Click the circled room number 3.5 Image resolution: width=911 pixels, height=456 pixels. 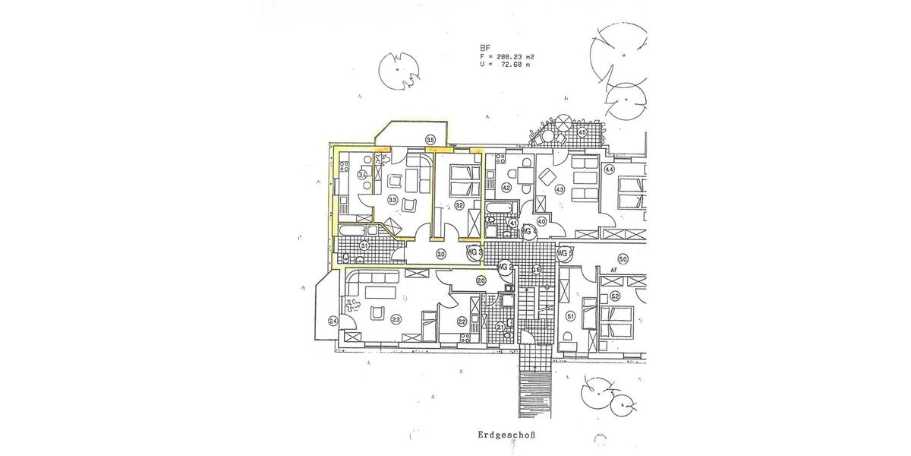430,140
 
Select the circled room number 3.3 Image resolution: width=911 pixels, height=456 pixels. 392,200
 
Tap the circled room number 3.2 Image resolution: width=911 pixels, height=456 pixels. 459,204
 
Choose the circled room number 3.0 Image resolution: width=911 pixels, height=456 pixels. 440,254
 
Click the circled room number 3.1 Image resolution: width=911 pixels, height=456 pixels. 364,245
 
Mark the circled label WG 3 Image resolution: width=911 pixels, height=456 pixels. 474,252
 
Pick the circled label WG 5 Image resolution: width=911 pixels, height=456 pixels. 564,253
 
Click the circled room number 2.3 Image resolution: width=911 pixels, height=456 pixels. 396,320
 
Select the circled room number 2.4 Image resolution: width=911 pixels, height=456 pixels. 333,321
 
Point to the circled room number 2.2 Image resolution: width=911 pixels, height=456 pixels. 462,322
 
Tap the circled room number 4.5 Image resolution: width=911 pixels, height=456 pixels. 582,133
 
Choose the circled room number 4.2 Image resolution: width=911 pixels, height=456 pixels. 507,188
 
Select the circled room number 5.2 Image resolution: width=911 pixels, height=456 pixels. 615,296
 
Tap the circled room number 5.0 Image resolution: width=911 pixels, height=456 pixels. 623,258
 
